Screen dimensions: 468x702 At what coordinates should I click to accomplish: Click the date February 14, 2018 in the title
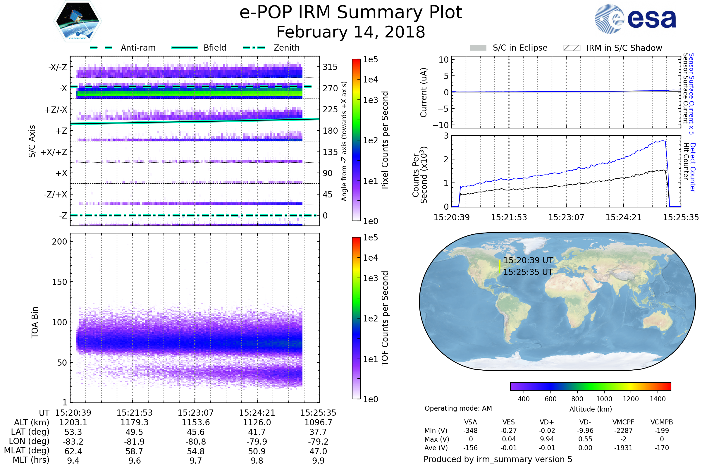click(x=351, y=32)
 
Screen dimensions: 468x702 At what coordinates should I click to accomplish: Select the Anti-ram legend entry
click(x=138, y=48)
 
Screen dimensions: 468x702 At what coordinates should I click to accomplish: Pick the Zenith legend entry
click(x=286, y=48)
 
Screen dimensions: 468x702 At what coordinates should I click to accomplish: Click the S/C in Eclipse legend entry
click(x=520, y=48)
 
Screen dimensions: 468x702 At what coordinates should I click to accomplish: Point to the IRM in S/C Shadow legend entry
click(x=624, y=48)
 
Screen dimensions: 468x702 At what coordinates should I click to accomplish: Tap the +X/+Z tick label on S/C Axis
click(x=54, y=152)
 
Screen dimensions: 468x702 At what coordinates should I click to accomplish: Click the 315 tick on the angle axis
click(x=330, y=67)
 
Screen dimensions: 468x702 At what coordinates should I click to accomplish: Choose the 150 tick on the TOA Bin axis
click(x=59, y=282)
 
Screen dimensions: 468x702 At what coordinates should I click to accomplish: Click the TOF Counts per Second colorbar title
click(x=385, y=318)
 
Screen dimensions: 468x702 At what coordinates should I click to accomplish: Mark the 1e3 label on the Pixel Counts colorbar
click(x=370, y=100)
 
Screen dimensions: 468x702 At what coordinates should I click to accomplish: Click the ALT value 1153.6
click(x=196, y=423)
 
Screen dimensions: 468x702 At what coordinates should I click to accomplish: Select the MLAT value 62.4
click(x=73, y=451)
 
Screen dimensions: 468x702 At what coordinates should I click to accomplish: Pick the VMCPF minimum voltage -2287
click(x=623, y=431)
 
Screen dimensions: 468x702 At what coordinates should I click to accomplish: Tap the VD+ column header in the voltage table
click(x=547, y=422)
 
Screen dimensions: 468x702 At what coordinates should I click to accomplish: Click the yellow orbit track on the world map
click(x=500, y=266)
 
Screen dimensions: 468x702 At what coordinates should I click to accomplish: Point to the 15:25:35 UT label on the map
click(x=528, y=272)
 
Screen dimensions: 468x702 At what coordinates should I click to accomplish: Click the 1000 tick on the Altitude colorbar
click(x=604, y=399)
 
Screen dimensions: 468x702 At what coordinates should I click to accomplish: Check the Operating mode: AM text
click(x=458, y=408)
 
